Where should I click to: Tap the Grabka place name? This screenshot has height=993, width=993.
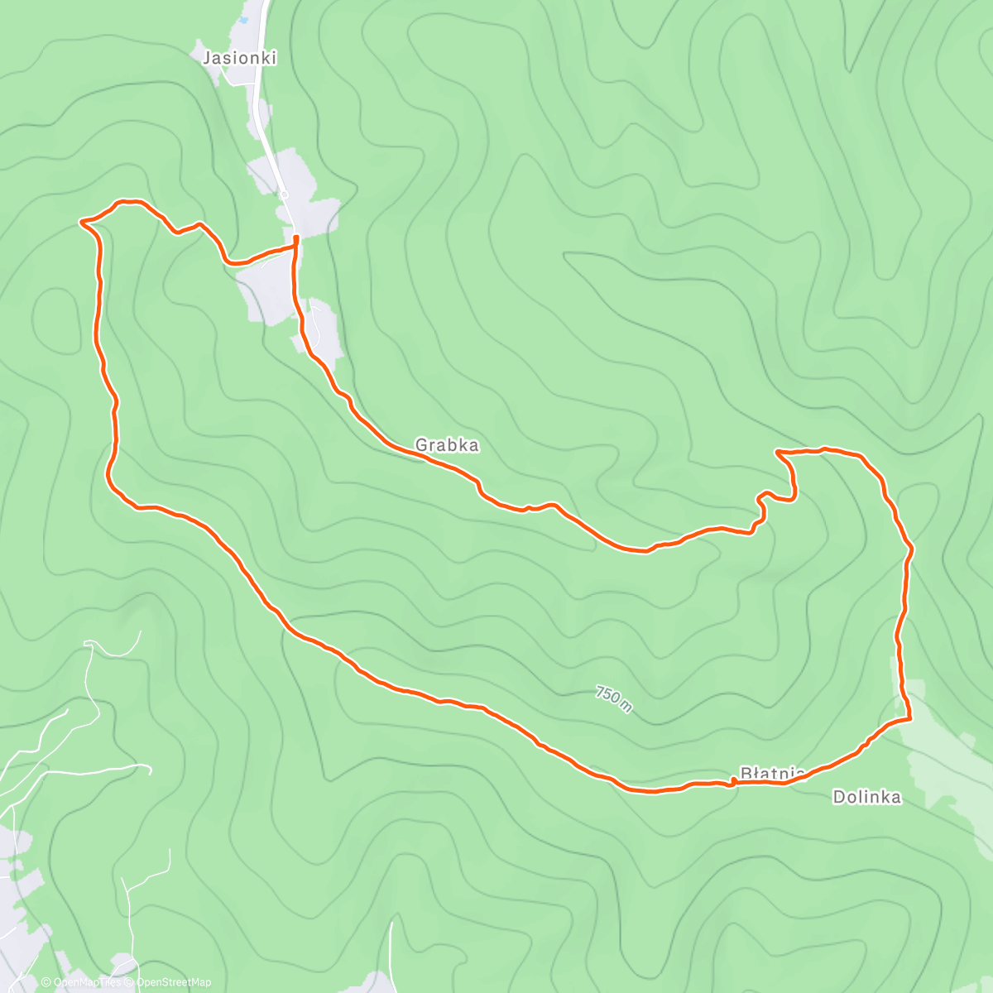[447, 445]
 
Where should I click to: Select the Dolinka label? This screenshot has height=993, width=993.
[866, 798]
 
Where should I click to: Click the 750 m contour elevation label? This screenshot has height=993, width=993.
[614, 699]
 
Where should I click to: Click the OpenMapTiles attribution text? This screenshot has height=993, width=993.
[85, 983]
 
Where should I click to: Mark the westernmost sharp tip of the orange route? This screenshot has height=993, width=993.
[81, 221]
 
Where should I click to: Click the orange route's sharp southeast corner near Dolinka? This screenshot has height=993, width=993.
[909, 718]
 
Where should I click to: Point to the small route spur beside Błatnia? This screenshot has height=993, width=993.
[733, 780]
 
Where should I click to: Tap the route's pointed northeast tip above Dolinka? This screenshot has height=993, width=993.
[778, 452]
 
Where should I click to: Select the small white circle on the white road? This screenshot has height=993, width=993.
[284, 194]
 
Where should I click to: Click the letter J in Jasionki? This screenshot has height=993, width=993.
[206, 58]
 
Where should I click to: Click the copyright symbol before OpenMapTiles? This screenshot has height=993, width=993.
[46, 983]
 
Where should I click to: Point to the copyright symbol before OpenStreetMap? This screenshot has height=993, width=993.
[130, 983]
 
